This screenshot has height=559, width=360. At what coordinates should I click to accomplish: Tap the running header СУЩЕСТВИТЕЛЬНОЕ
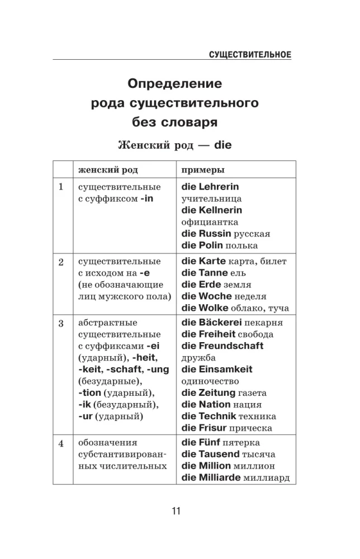tap(250, 54)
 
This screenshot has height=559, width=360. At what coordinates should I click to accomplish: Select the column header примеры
tap(201, 169)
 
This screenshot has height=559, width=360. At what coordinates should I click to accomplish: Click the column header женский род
tap(108, 169)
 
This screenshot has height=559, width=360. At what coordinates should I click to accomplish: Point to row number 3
tap(61, 323)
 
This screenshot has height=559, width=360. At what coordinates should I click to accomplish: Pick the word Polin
tap(211, 245)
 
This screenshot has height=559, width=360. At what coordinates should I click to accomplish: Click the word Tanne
tap(213, 273)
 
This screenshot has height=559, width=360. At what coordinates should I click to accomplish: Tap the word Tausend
tap(219, 454)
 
